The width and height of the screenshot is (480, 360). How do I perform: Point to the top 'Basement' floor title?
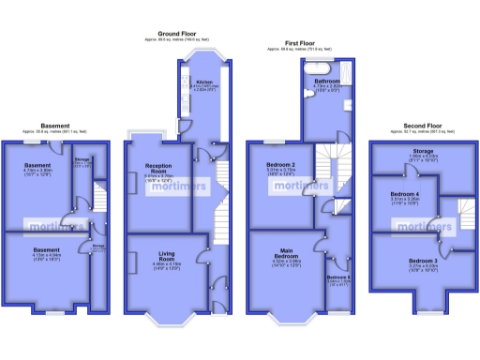click(x=55, y=125)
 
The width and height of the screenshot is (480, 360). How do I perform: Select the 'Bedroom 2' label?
click(x=281, y=165)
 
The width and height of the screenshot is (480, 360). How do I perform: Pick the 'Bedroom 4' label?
click(x=405, y=194)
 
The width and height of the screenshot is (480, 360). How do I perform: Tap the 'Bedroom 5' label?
click(x=338, y=277)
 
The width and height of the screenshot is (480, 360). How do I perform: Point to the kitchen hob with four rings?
click(x=209, y=102)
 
